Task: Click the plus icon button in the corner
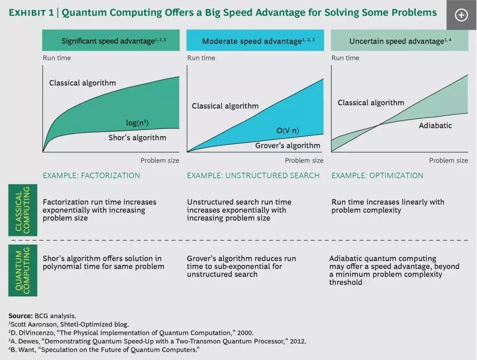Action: coord(462,15)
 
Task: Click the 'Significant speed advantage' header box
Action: coord(114,41)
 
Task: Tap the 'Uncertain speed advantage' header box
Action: coord(399,41)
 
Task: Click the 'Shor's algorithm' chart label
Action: coord(137,137)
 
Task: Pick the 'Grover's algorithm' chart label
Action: coord(288,145)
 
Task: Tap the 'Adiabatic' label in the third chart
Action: coord(435,125)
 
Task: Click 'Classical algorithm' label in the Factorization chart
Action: coord(83,83)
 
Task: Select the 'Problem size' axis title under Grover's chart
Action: coord(304,160)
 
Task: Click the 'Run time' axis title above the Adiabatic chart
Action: coord(345,58)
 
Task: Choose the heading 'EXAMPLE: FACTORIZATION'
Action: coord(91,175)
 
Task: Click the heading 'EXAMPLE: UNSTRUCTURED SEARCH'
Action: coord(253,175)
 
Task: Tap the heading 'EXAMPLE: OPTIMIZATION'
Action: coord(377,175)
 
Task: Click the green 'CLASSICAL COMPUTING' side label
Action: coord(23,210)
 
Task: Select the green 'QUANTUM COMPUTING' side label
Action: coord(23,270)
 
